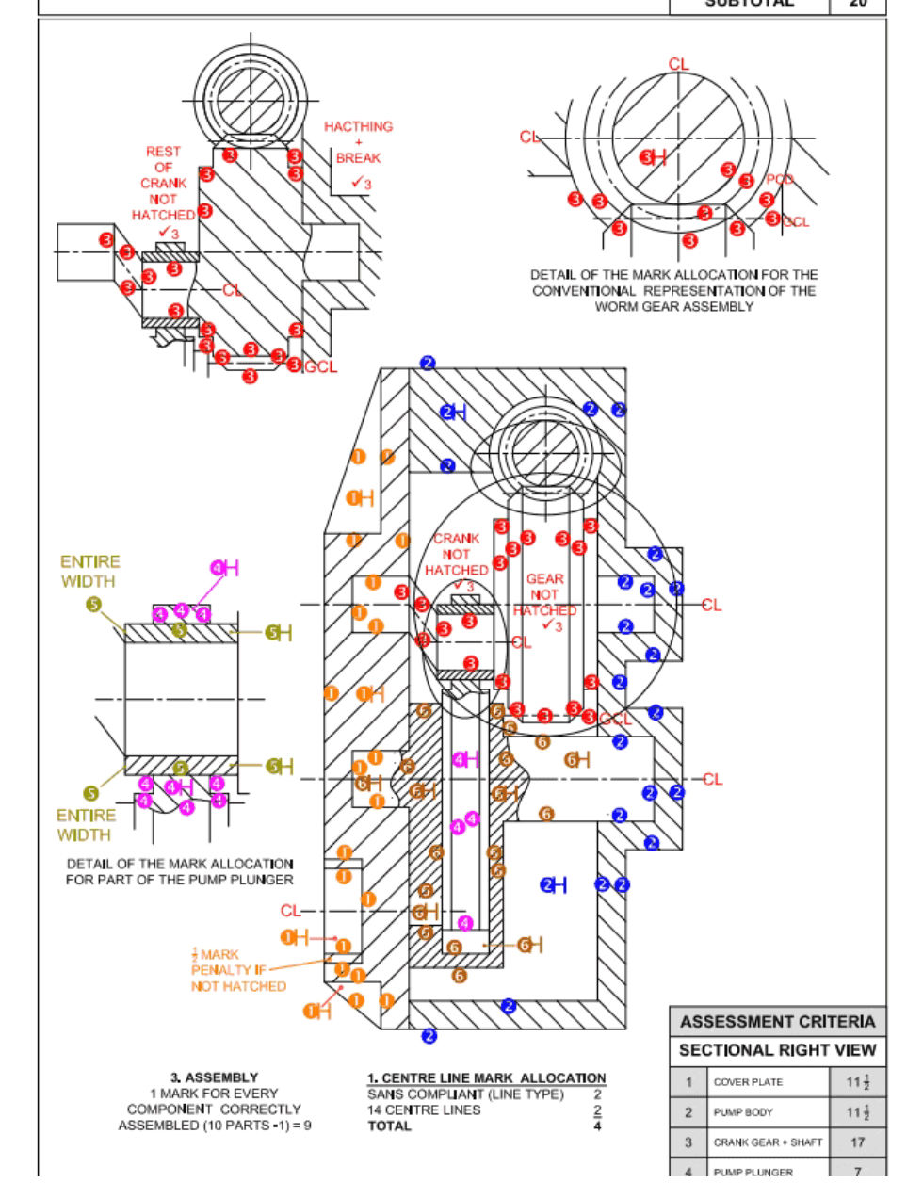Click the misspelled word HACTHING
(x=358, y=126)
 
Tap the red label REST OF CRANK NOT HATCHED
(x=163, y=183)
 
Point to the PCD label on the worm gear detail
(x=779, y=180)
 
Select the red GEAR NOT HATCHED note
(x=544, y=595)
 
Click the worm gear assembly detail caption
(x=673, y=290)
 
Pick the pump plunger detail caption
(x=179, y=871)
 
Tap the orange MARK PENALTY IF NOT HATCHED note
(x=237, y=970)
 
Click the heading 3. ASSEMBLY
(x=214, y=1077)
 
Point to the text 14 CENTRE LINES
(x=424, y=1110)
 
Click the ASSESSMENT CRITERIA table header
(x=777, y=1022)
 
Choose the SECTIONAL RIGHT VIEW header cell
(x=777, y=1050)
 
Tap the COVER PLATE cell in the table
(x=748, y=1082)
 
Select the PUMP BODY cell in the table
(x=743, y=1112)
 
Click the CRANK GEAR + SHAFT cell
(x=768, y=1142)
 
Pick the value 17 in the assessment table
(x=857, y=1142)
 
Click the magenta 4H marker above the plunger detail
(x=224, y=568)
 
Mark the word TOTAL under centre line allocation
(x=389, y=1126)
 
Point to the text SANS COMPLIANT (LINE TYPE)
(x=465, y=1094)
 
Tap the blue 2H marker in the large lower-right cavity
(x=553, y=884)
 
